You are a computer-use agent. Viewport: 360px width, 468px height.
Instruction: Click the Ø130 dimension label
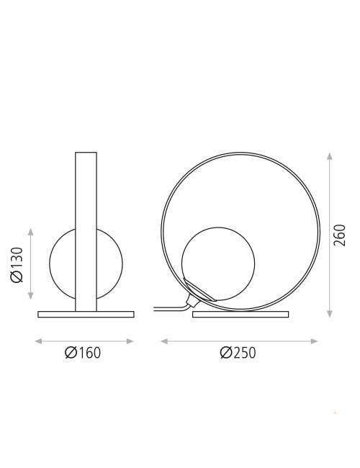pyautogui.click(x=18, y=264)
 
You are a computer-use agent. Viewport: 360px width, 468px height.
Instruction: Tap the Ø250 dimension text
pyautogui.click(x=238, y=352)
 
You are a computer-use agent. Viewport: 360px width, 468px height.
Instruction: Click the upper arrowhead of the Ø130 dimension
pyautogui.click(x=31, y=230)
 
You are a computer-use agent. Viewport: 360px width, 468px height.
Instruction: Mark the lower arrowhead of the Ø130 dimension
pyautogui.click(x=31, y=298)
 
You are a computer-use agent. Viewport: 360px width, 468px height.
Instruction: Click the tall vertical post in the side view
pyautogui.click(x=86, y=230)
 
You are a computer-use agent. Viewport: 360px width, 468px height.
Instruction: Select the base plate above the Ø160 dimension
pyautogui.click(x=86, y=314)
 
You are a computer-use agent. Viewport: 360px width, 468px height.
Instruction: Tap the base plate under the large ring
pyautogui.click(x=240, y=314)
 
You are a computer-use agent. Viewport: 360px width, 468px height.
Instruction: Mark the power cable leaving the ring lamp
pyautogui.click(x=169, y=309)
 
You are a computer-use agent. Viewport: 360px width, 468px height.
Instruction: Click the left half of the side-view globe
pyautogui.click(x=62, y=264)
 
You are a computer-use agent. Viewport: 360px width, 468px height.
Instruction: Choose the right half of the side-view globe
pyautogui.click(x=109, y=264)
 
